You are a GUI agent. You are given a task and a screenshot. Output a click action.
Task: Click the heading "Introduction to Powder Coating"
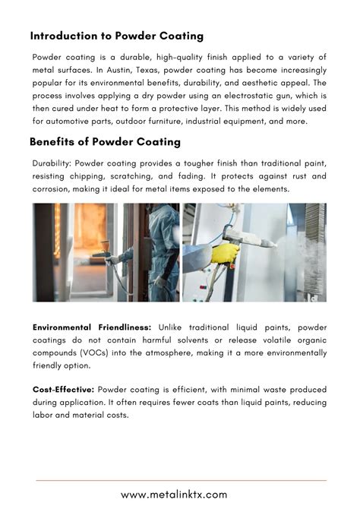(117, 36)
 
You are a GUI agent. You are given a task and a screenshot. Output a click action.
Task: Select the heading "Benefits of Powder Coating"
(106, 141)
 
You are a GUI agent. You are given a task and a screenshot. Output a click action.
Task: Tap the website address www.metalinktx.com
(181, 495)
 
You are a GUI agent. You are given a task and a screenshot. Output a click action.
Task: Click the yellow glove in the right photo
(225, 253)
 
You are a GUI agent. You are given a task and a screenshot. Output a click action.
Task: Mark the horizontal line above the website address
(181, 480)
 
